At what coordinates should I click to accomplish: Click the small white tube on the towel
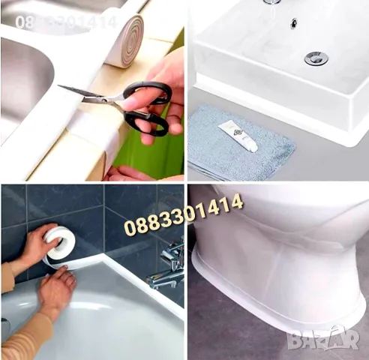[238, 137]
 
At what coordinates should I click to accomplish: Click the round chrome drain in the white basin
[316, 58]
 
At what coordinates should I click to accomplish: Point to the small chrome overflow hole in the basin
[294, 23]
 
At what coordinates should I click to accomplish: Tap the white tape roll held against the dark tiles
[59, 240]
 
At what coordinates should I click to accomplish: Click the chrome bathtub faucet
[167, 266]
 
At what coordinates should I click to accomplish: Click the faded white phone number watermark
[66, 22]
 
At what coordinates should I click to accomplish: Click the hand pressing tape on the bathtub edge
[57, 291]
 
